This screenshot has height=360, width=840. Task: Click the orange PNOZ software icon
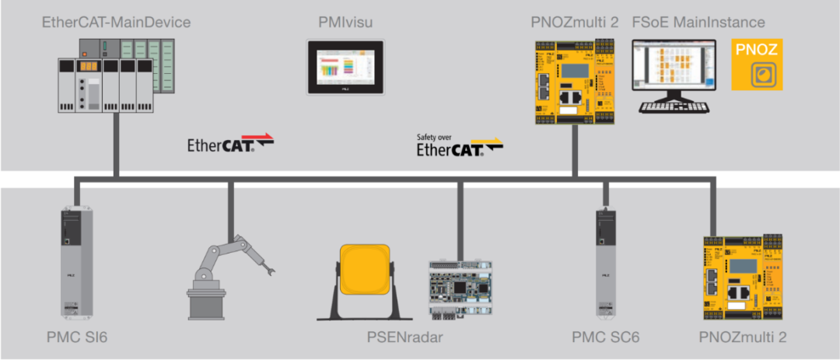point(756,66)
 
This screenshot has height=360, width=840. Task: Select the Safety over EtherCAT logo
point(459,145)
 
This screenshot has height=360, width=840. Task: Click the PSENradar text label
point(411,339)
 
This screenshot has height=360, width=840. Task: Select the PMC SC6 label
point(606,339)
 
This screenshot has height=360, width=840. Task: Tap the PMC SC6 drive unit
point(607,264)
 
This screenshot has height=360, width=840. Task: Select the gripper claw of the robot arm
point(272,271)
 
